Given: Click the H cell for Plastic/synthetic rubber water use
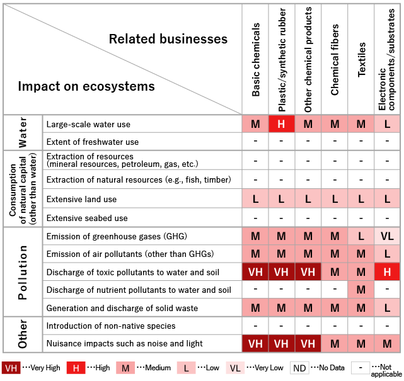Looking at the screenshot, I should pos(282,124).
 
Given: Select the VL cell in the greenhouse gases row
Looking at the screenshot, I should pos(387,236).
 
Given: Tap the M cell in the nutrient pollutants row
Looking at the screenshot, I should pos(361,290).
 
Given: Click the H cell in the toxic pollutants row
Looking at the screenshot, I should pos(387,271).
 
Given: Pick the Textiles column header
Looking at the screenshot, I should pos(361,60).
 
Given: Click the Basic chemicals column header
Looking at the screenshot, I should pos(256,60).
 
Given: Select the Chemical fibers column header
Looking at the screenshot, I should pos(335,60).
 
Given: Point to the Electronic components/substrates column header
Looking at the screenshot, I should pos(387,60).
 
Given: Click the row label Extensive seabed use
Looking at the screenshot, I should pos(87,218).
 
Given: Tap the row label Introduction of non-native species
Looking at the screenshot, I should pos(111,326).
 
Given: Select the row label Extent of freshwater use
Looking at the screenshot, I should pos(93,142).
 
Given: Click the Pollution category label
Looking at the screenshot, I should pos(23,272).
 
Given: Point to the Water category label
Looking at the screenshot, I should pos(23,132).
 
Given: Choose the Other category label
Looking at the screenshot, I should pos(23,334).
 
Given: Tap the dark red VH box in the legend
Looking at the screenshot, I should pos(11,368).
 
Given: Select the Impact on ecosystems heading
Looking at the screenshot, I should pos(86,86).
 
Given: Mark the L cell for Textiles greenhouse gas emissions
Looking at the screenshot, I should pos(361,236).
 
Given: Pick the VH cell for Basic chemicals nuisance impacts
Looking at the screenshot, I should pos(256,343).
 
